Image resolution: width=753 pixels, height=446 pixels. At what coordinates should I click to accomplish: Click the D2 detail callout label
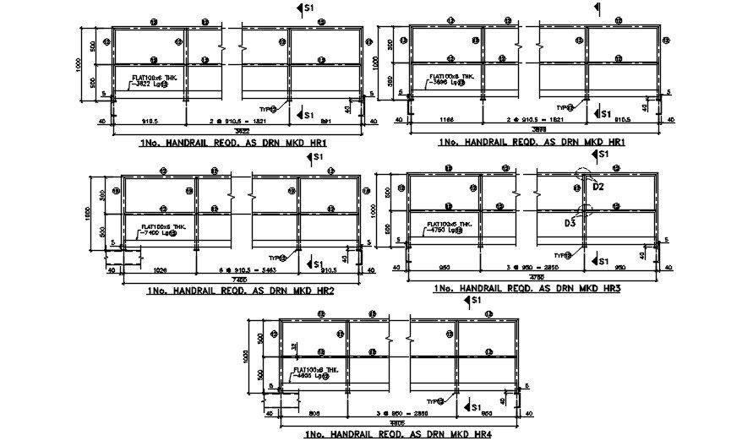[x=597, y=188]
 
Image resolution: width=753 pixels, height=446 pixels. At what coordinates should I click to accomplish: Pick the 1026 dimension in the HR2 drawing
[x=160, y=270]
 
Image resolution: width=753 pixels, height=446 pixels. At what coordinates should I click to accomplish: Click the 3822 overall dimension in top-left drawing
[x=240, y=130]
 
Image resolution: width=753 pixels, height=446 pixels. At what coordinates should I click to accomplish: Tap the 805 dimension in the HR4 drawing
[x=314, y=414]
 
